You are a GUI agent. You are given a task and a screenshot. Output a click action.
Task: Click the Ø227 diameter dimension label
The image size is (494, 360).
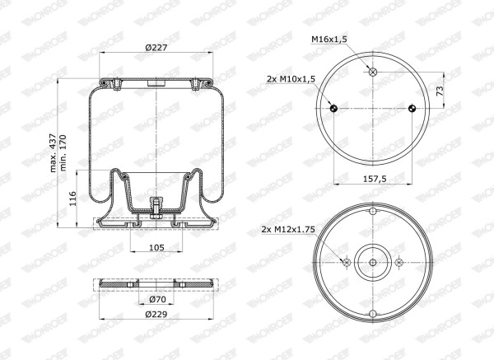coord(156,47)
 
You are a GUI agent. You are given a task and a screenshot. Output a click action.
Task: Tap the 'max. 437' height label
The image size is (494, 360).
coord(54,153)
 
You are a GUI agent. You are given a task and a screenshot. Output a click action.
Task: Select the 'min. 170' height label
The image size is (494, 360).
coord(63,153)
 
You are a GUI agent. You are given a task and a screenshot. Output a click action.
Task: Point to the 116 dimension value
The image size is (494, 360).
coord(72,199)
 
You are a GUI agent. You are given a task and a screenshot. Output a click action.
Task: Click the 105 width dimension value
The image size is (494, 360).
coord(156,247)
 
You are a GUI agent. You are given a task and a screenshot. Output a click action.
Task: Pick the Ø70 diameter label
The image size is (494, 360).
coord(156,300)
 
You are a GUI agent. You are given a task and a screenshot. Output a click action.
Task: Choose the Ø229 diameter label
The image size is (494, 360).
coord(156,315)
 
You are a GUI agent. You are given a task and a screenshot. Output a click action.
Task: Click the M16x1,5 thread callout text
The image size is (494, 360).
coord(329,39)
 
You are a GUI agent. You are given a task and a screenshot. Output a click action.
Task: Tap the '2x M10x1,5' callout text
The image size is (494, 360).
coord(291,79)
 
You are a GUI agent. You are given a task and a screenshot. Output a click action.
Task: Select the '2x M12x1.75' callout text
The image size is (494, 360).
coord(288,230)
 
